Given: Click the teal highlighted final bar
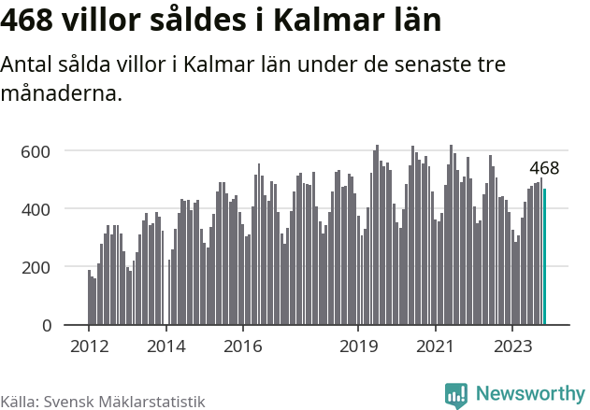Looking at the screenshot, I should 545,257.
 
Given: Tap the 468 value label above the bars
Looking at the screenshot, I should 544,169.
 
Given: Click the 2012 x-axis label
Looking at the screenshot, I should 89,346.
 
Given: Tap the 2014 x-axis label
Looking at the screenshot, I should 165,346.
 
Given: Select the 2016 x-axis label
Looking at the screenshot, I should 242,346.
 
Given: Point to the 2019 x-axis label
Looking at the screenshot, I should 358,346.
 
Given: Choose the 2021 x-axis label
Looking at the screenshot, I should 435,346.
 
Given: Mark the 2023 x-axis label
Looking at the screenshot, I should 512,346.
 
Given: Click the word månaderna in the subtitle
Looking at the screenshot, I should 62,94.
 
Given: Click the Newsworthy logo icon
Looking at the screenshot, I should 455,395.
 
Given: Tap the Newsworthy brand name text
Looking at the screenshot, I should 530,394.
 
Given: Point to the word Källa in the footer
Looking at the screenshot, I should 19,401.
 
